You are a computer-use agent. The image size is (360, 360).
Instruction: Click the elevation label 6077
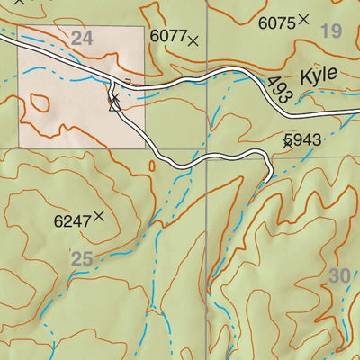point(167,36)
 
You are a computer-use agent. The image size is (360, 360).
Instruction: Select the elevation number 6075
point(277,22)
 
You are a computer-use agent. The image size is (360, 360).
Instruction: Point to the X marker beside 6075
point(304,18)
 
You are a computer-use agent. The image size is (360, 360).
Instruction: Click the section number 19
point(331,32)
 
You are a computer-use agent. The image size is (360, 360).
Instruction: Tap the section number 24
point(82,38)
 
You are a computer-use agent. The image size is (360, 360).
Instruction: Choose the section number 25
point(82,259)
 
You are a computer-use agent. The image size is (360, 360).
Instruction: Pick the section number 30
point(338,275)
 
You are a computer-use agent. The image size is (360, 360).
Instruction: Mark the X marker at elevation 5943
point(287,142)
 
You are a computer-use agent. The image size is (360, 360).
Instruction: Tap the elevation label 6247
point(72,219)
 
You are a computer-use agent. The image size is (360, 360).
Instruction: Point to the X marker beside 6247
point(99,215)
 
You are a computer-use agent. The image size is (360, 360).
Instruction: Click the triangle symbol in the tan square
point(113,105)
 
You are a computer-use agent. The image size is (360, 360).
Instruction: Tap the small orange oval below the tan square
point(152,165)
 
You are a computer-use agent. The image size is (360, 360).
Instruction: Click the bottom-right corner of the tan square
point(144,147)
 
